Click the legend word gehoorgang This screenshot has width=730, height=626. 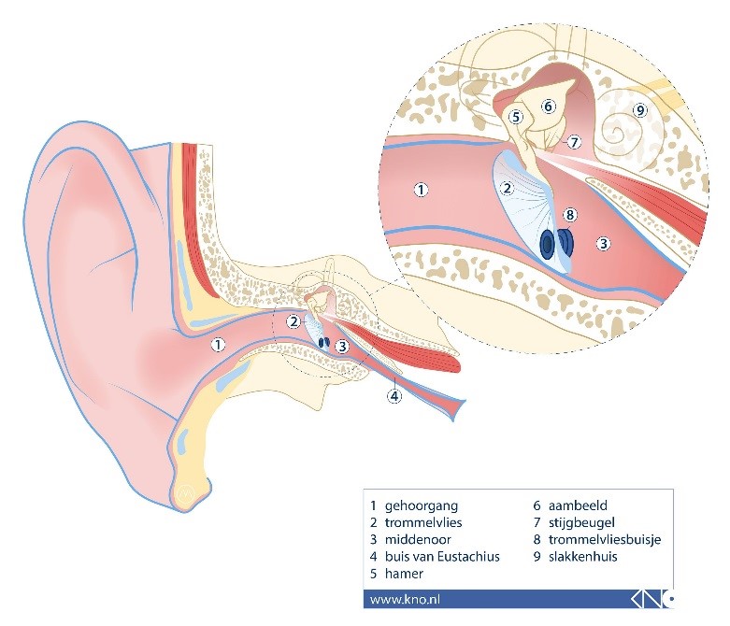tap(422, 505)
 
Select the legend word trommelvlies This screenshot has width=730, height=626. tap(423, 522)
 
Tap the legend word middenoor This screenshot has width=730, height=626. tap(418, 540)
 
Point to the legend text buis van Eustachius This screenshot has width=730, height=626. tap(442, 557)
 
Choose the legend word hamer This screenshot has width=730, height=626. tap(404, 574)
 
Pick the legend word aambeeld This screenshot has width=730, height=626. tap(578, 505)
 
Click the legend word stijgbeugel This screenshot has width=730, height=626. tap(581, 523)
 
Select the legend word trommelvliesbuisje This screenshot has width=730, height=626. tap(605, 540)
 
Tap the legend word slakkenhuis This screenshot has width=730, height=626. tap(583, 557)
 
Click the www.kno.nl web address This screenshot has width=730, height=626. tap(405, 600)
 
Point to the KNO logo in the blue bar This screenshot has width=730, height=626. tap(652, 599)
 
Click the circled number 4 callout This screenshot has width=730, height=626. tap(394, 396)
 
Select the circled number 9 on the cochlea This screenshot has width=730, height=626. tap(640, 110)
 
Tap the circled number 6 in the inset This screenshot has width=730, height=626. tap(548, 107)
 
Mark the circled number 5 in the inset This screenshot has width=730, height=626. tap(515, 117)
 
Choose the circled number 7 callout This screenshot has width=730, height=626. tap(574, 142)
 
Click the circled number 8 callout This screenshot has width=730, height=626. tap(570, 215)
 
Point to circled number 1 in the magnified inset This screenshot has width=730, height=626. tap(421, 190)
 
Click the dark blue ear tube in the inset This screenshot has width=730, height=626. tap(557, 243)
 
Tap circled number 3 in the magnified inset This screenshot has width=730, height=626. tap(604, 244)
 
